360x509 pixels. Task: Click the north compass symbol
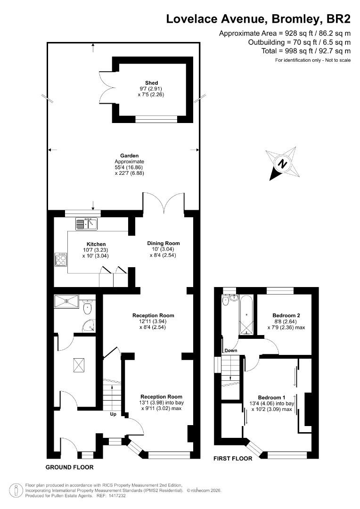coord(282,164)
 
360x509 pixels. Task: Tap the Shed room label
coord(151,83)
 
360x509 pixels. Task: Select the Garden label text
coord(123,156)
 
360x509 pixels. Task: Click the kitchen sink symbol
coord(86,223)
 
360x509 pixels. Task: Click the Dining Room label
coord(163,243)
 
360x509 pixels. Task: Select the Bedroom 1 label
coord(272,397)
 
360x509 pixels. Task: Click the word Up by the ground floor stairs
coord(113,414)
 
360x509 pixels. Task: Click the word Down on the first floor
coord(231,351)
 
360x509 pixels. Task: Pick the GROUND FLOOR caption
coord(69,468)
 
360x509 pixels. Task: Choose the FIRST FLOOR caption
coord(233,458)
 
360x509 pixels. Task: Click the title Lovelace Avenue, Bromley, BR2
coord(259,19)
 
